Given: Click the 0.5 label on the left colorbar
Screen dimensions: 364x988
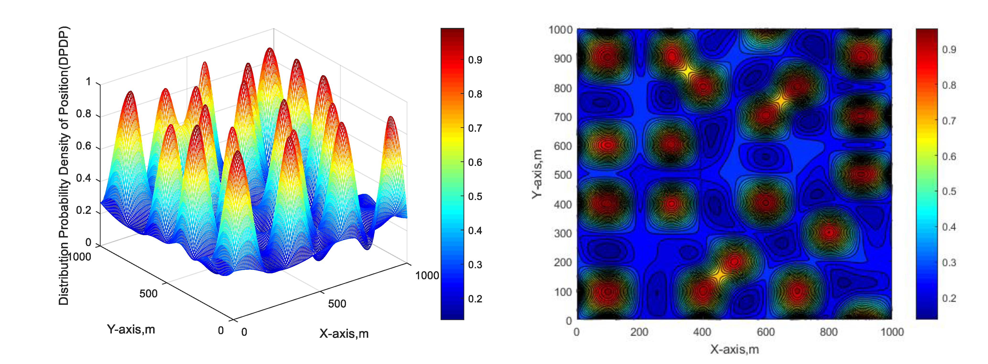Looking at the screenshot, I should coord(475,197).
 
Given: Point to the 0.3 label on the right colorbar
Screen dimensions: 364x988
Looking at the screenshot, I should coord(949,263).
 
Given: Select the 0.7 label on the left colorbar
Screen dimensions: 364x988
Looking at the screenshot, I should coord(475,128).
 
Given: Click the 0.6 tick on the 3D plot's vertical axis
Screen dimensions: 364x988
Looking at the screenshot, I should coord(84,146).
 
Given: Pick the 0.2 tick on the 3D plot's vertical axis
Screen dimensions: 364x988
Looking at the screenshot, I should coord(84,210).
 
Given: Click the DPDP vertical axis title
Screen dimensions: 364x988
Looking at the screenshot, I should coord(64,165).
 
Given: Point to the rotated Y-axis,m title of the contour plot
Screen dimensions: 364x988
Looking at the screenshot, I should coord(537,174).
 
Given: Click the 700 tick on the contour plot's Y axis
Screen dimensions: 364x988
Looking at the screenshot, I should coord(563,117).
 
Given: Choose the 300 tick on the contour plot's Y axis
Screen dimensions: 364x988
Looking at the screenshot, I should coord(563,234).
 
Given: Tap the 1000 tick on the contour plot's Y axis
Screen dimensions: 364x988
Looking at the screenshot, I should coord(560,30).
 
